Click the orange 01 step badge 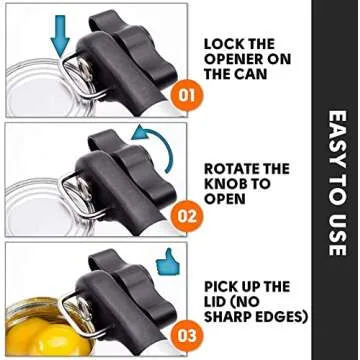click(187, 96)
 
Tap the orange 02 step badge click(187, 216)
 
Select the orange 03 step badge click(187, 335)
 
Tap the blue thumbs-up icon click(168, 262)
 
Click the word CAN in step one click(253, 74)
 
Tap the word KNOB click(225, 184)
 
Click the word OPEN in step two click(225, 199)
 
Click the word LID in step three click(216, 302)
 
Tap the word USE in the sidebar click(337, 235)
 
